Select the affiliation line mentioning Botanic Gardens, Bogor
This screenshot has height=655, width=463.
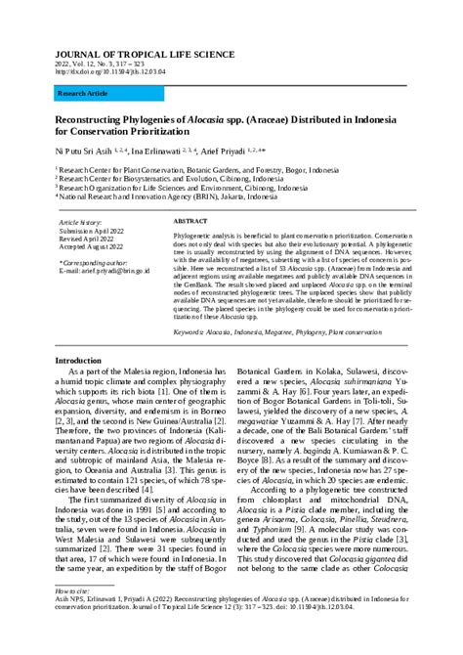coord(200,170)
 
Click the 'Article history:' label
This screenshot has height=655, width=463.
coord(81,223)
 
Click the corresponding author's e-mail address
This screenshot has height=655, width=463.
coord(105,271)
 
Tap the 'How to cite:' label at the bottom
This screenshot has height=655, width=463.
coord(71,591)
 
